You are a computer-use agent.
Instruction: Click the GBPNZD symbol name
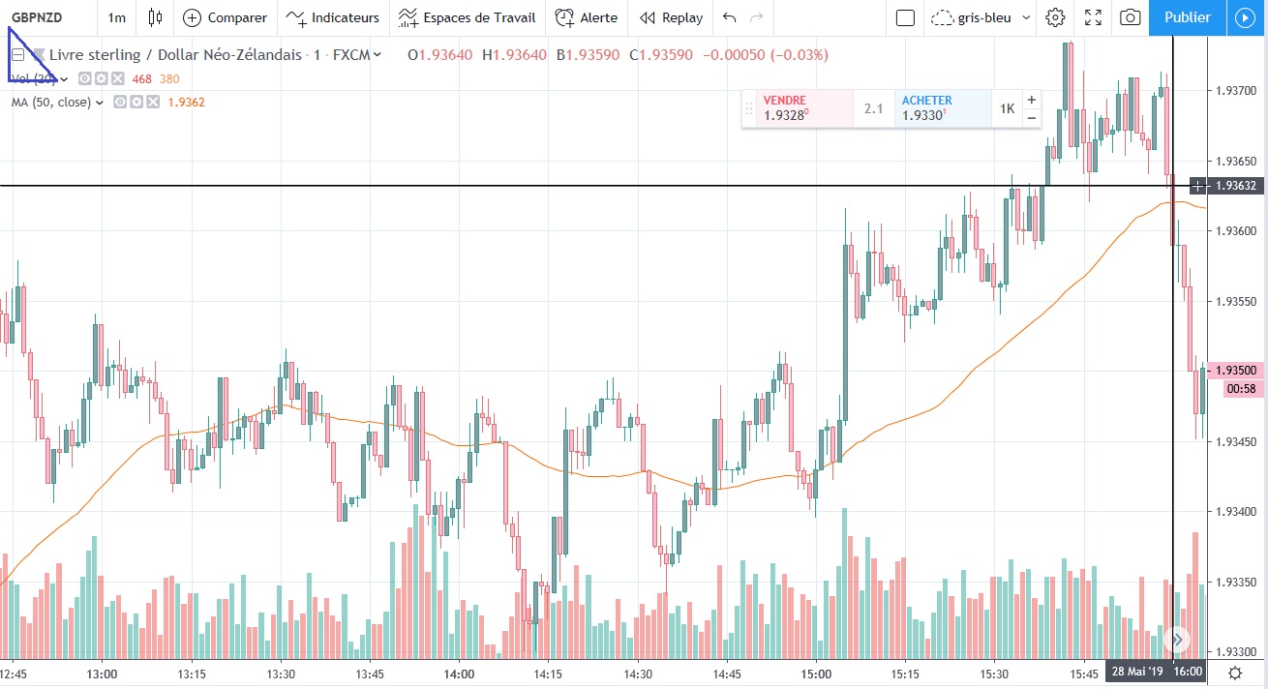[37, 17]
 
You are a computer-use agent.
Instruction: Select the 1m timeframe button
[116, 17]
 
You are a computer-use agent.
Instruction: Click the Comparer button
[226, 17]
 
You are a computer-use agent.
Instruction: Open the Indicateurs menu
[334, 17]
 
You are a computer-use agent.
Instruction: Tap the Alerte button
[587, 17]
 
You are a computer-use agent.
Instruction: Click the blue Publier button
[1187, 17]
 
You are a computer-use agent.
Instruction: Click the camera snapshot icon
[1130, 17]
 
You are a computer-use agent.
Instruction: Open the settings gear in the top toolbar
[1056, 17]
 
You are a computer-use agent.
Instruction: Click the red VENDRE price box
[797, 108]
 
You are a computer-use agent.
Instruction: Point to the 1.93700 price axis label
[1234, 91]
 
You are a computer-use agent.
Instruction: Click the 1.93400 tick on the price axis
[1234, 512]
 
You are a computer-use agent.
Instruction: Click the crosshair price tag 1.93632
[1237, 186]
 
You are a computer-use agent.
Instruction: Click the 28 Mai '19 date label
[1137, 673]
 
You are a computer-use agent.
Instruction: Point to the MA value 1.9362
[186, 103]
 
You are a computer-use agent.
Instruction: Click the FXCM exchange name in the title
[351, 55]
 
